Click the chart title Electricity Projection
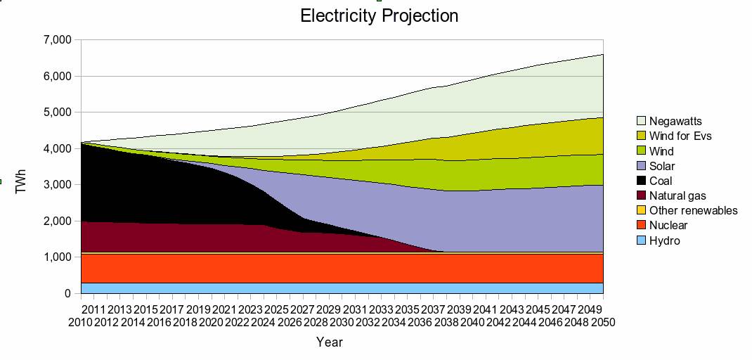click(379, 15)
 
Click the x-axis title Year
click(329, 342)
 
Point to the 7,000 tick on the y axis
click(57, 40)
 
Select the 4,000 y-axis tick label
click(57, 148)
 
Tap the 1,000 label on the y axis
click(57, 257)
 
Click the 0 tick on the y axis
click(67, 294)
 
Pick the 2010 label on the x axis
click(81, 321)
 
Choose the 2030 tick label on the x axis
click(342, 321)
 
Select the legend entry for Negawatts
click(675, 121)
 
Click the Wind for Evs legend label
click(680, 136)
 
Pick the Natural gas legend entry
click(678, 195)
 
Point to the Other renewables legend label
click(694, 210)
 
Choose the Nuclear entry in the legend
click(668, 225)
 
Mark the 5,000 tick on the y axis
click(57, 112)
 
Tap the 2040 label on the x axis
click(473, 321)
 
